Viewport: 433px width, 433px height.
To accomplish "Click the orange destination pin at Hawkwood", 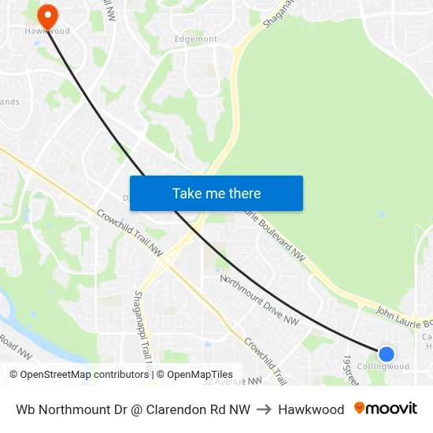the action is [x=47, y=15].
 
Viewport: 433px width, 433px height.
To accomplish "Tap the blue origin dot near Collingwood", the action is [x=386, y=353].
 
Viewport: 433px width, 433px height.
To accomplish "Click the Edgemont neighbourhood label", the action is [x=195, y=39].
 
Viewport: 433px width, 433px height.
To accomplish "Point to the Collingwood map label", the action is [x=383, y=367].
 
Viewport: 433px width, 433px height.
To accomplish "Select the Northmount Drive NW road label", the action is [x=260, y=300].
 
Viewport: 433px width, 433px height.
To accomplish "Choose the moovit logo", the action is [x=386, y=409].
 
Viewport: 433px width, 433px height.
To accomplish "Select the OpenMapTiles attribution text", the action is [x=194, y=375].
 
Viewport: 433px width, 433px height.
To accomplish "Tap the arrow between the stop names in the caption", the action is [x=264, y=409].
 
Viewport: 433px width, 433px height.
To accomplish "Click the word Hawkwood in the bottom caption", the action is [x=311, y=409].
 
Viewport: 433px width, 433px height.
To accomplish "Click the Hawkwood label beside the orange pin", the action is [x=47, y=31].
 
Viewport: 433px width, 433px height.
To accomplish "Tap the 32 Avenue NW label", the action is [x=231, y=381].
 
